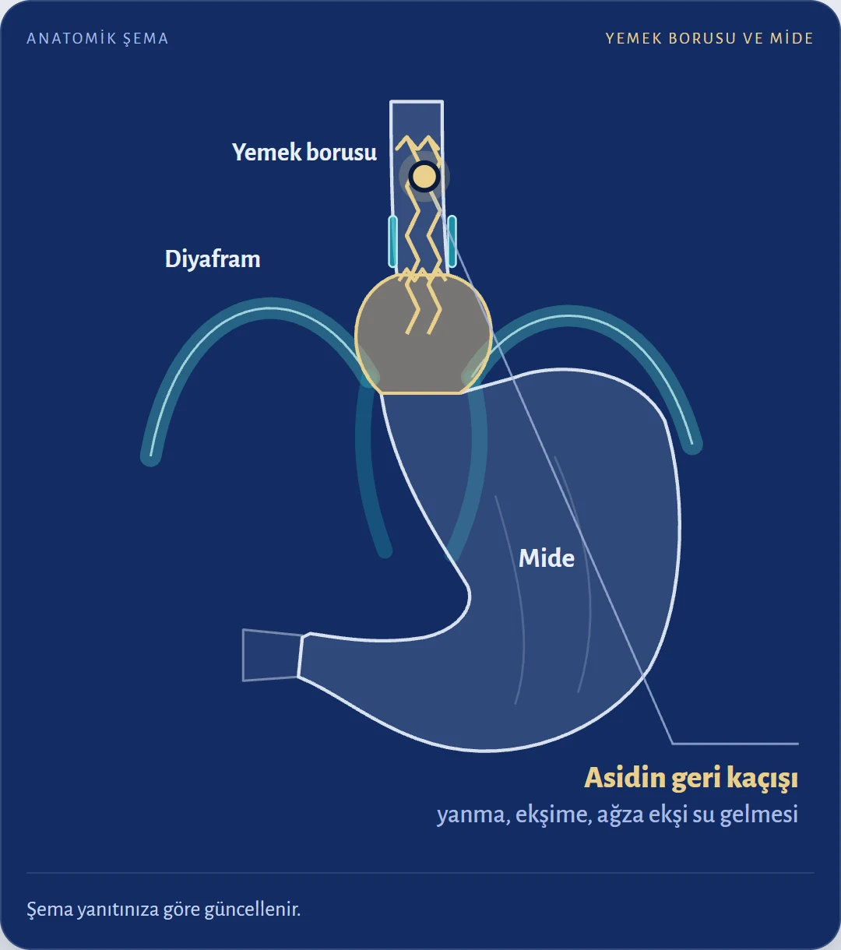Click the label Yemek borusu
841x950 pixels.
(304, 153)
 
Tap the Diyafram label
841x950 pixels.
(213, 259)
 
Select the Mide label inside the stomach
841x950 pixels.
(547, 558)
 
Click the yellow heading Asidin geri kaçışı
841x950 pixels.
(691, 777)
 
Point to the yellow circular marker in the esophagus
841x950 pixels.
(424, 176)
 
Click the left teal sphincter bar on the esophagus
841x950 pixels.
(393, 241)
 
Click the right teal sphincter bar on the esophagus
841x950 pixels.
(452, 241)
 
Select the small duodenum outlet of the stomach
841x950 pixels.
(272, 655)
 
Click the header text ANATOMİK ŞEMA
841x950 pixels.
(97, 38)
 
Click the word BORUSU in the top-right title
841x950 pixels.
(702, 38)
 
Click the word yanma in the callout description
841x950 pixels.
(473, 815)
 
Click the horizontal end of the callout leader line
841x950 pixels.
(735, 744)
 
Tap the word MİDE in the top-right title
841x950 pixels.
(792, 38)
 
